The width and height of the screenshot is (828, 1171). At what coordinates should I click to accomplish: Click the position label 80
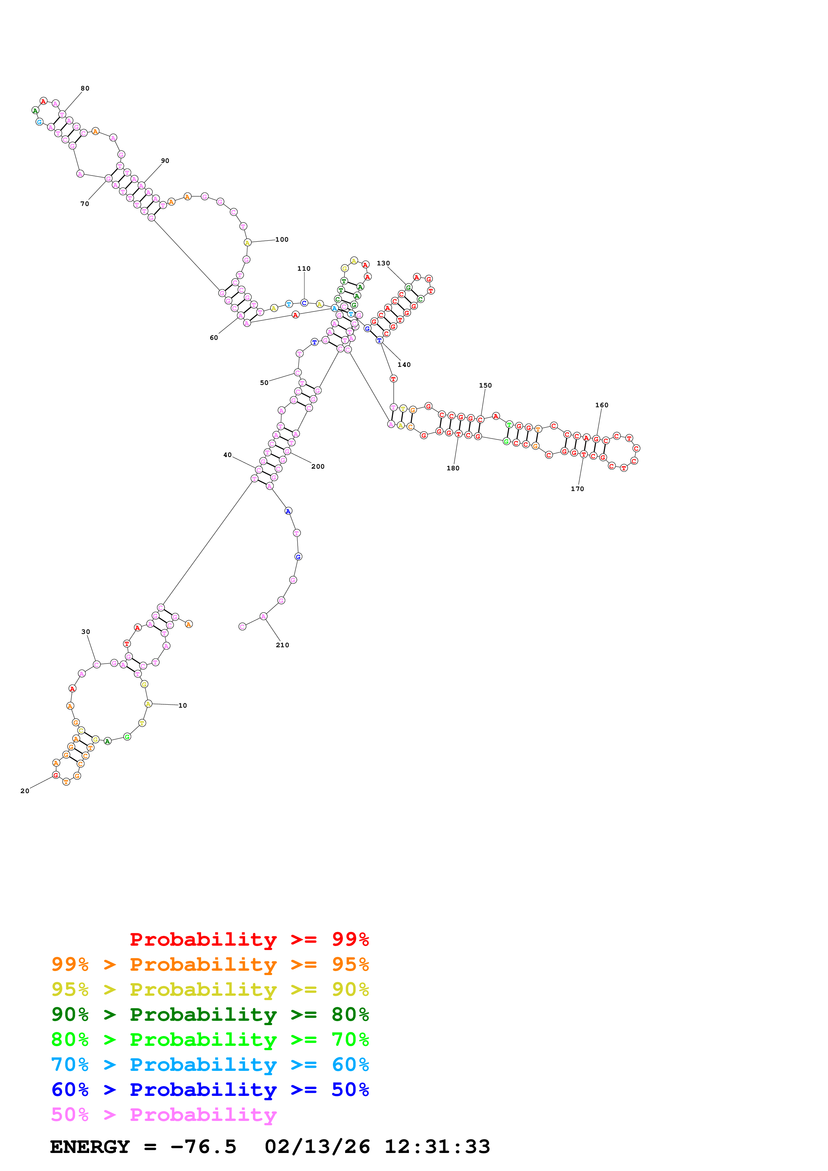(x=85, y=88)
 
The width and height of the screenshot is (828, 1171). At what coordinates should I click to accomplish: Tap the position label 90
(x=165, y=161)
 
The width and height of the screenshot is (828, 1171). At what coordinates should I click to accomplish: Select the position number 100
(x=282, y=240)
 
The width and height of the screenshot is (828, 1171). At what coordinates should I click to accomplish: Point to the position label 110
(x=304, y=269)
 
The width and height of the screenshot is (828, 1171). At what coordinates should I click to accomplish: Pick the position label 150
(x=485, y=386)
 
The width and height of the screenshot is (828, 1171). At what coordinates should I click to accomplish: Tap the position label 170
(x=577, y=489)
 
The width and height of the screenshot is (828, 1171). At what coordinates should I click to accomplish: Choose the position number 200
(x=318, y=467)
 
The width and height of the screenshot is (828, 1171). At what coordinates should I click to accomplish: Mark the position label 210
(x=282, y=645)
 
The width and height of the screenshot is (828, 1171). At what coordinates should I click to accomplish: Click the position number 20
(x=24, y=791)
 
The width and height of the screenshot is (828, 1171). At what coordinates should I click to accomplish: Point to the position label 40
(x=227, y=455)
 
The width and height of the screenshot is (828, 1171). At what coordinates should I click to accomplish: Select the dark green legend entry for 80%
(x=210, y=1014)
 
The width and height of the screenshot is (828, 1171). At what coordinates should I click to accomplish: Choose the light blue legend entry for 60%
(x=210, y=1065)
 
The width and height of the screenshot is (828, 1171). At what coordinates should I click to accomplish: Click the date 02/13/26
(x=317, y=1147)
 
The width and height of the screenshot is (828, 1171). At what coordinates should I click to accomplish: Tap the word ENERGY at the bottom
(x=90, y=1147)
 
